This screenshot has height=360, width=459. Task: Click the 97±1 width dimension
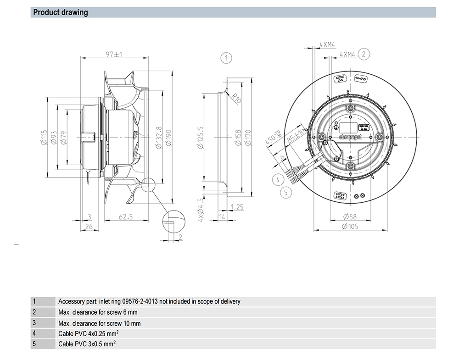tap(113, 54)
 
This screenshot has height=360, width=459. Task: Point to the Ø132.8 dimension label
tap(158, 138)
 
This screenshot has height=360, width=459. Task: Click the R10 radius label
tap(236, 98)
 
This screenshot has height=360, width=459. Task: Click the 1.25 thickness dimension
tap(238, 207)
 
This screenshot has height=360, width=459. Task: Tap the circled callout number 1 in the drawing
tap(226, 58)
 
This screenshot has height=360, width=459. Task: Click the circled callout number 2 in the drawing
tap(364, 54)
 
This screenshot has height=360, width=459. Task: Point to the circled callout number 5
tap(285, 192)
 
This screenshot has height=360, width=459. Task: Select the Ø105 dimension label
tap(350, 226)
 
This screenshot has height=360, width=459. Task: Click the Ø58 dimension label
tap(350, 217)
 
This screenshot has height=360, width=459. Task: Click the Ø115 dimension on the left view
tap(44, 138)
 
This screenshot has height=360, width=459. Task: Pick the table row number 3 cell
tap(34, 323)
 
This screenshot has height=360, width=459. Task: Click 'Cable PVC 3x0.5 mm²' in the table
tap(87, 343)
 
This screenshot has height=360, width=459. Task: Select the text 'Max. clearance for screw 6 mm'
tap(98, 312)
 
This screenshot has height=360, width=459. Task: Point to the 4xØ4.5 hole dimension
tap(200, 209)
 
